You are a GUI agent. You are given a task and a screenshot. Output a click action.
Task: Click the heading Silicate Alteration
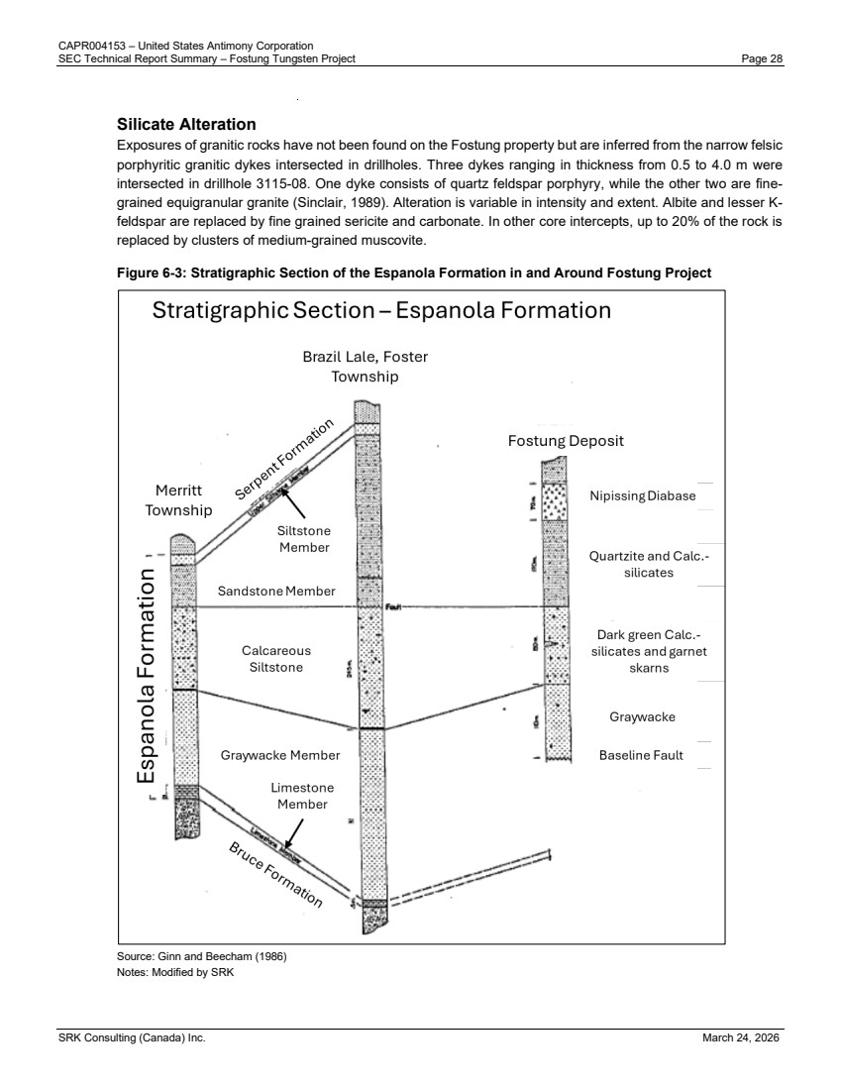(186, 125)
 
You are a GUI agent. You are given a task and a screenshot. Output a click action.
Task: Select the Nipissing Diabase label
(643, 495)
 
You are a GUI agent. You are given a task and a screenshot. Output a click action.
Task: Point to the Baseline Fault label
(641, 755)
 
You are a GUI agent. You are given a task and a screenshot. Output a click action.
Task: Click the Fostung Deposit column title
(566, 441)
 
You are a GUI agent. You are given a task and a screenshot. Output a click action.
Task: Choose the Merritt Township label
(178, 500)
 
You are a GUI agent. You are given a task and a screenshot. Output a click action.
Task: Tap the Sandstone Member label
(276, 592)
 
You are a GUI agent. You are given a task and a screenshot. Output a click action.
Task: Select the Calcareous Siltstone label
(276, 659)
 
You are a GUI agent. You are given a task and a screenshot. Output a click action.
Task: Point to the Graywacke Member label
(280, 755)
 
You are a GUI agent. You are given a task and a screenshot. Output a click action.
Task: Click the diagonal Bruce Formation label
(276, 875)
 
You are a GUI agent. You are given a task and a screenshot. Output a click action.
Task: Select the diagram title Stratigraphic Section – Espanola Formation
(381, 311)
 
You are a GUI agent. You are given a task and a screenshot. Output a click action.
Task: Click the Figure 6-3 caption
(414, 272)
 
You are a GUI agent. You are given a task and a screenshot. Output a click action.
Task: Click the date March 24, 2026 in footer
(742, 1037)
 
